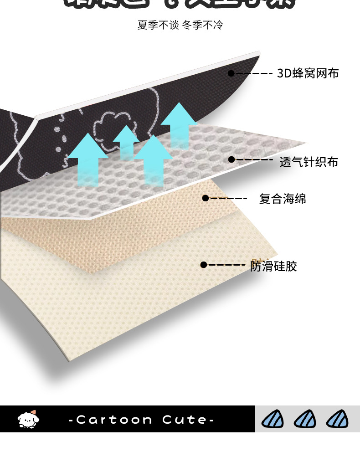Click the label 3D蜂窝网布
tap(308, 73)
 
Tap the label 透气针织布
tap(309, 162)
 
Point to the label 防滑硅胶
tap(273, 266)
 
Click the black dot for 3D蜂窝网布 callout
tap(231, 73)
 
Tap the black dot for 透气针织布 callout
tap(231, 159)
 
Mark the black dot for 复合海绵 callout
tap(206, 198)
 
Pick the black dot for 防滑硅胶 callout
tap(204, 265)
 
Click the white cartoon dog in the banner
tap(28, 419)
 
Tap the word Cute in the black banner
tap(184, 420)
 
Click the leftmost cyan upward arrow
tap(87, 159)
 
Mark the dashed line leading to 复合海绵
tap(228, 198)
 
